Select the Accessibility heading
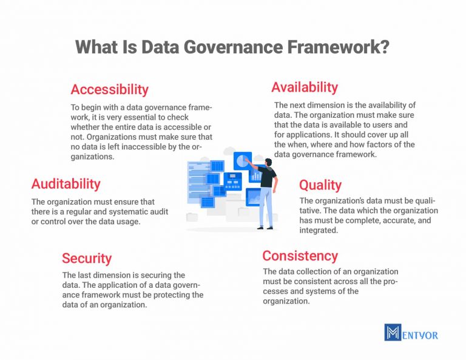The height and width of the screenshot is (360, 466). coord(109,89)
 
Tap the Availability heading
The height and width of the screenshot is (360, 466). coord(305,87)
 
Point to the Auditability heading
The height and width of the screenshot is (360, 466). coord(66,183)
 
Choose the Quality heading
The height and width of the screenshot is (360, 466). coord(320,185)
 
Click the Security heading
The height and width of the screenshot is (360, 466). coord(87,258)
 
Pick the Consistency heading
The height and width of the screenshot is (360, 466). coord(300,256)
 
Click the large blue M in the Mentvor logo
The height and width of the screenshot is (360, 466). coord(393,332)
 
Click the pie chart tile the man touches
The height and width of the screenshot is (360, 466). coord(243,161)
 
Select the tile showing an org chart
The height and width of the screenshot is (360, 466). coord(233,181)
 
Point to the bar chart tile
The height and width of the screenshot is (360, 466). coord(257,175)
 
